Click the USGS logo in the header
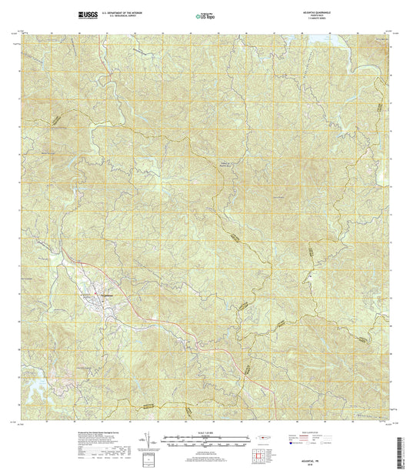click(x=85, y=14)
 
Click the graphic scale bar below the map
click(x=204, y=443)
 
